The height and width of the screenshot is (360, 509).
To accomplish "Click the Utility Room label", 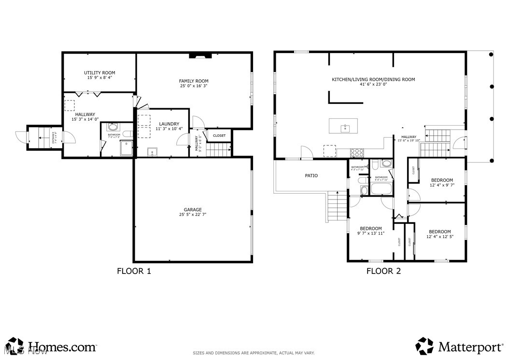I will (99, 72).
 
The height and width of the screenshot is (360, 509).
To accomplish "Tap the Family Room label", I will (193, 81).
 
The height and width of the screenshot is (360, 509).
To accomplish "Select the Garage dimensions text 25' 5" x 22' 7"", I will (192, 215).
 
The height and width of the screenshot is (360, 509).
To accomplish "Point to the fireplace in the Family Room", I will (200, 55).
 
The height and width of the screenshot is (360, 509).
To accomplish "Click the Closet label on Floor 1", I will (219, 136).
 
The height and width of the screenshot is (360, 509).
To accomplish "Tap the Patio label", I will (311, 175).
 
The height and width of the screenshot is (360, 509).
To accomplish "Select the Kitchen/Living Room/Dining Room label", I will (373, 80).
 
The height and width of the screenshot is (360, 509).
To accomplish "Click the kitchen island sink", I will (345, 128).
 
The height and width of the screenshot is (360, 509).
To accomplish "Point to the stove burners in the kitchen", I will (357, 152).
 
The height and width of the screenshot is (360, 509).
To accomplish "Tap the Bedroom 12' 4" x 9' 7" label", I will (441, 180).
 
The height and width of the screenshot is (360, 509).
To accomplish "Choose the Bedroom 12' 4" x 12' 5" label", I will (439, 231).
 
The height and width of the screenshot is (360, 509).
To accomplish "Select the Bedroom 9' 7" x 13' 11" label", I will (370, 229).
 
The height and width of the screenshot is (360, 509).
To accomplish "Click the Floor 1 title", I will (134, 271).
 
